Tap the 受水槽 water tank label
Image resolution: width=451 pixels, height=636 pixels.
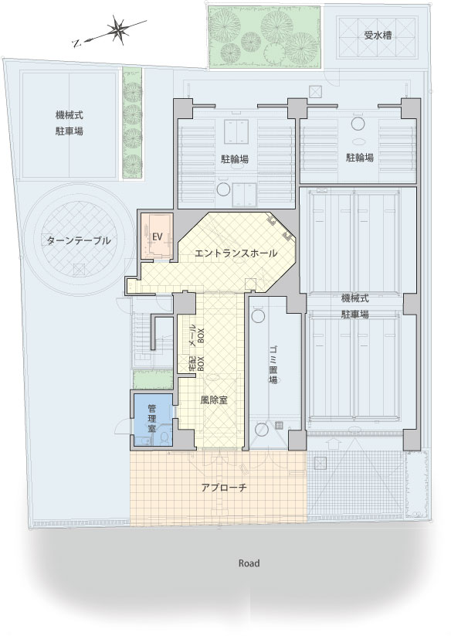click(x=378, y=36)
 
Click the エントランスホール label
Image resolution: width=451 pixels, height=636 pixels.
click(x=236, y=253)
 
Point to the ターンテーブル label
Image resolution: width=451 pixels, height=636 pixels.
click(x=79, y=240)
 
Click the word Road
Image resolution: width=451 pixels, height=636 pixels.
click(x=249, y=563)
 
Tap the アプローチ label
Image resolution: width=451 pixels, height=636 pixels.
click(x=224, y=488)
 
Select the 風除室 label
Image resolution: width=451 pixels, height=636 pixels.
click(x=214, y=400)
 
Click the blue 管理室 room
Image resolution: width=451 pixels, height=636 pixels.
click(x=153, y=419)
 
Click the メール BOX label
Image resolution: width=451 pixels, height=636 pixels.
click(x=197, y=335)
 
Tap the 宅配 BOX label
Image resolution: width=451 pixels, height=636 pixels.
click(x=197, y=363)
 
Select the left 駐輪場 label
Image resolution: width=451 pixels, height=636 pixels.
click(x=235, y=158)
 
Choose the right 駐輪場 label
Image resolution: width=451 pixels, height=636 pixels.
click(x=359, y=158)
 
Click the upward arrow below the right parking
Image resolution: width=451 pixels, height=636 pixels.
click(x=333, y=442)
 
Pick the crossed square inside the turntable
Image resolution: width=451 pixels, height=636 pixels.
click(x=80, y=270)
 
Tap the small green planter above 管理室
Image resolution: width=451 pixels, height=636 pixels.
click(x=153, y=379)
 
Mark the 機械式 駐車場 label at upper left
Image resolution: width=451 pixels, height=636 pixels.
click(x=70, y=124)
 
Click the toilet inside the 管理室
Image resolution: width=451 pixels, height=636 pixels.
click(x=164, y=438)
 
